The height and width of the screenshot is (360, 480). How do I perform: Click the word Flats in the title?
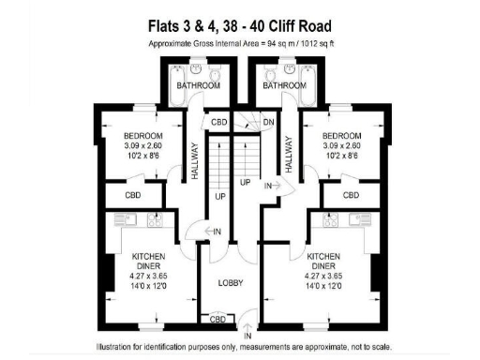pyautogui.click(x=168, y=25)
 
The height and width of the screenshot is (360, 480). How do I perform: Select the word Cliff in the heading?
pyautogui.click(x=284, y=25)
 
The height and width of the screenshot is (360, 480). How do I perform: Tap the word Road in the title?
pyautogui.click(x=322, y=25)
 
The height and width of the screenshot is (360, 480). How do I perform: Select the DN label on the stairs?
pyautogui.click(x=267, y=123)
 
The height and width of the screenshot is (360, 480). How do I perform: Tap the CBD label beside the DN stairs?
pyautogui.click(x=219, y=123)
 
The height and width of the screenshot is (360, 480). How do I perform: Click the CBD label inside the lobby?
pyautogui.click(x=217, y=320)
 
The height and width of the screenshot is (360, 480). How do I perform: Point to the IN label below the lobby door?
pyautogui.click(x=247, y=335)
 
